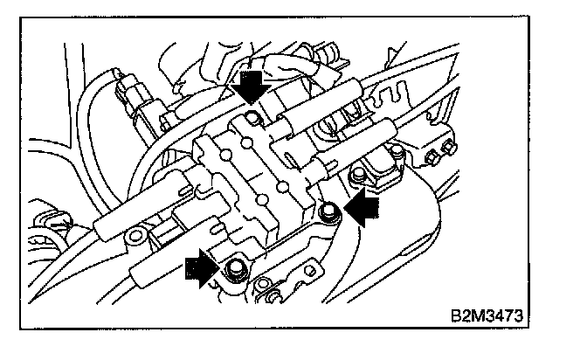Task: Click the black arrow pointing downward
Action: point(251,87)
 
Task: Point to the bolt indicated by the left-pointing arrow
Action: point(328,210)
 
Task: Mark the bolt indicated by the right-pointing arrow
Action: point(234,270)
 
